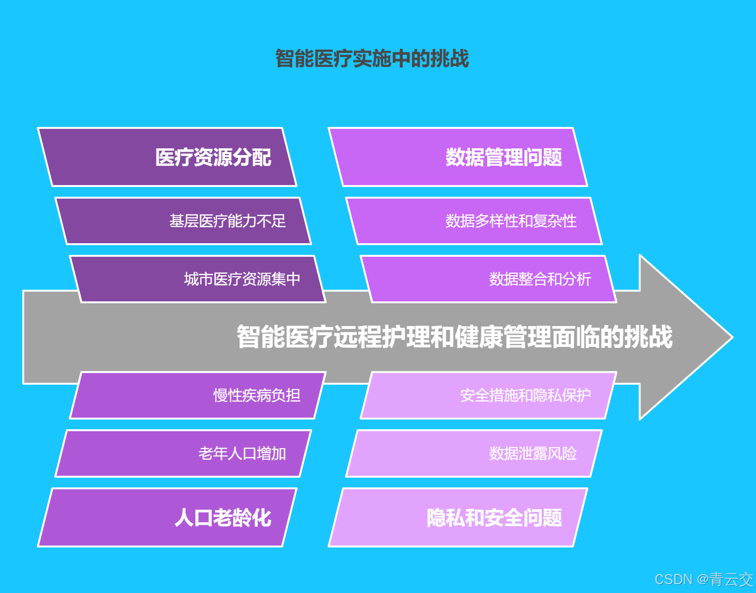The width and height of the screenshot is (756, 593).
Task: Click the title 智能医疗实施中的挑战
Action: click(x=372, y=59)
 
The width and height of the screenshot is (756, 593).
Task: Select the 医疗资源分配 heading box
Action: click(x=167, y=157)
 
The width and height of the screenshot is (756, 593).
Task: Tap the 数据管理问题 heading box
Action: click(x=458, y=157)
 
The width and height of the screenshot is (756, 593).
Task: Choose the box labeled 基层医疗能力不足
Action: click(x=183, y=221)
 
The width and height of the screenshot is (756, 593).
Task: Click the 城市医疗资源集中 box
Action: click(x=198, y=279)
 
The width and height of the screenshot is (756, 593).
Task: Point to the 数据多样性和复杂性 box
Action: click(x=474, y=221)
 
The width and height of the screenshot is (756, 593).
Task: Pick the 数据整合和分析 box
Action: click(x=488, y=279)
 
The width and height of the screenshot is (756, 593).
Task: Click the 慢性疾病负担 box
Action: click(x=198, y=395)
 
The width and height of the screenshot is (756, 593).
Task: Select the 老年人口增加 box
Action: click(x=183, y=453)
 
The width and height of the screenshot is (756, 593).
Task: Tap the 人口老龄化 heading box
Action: click(x=167, y=517)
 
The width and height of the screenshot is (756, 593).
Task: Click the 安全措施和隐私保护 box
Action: click(x=488, y=395)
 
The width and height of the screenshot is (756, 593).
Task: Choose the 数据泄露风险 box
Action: click(x=474, y=453)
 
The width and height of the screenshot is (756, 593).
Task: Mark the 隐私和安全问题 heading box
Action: click(x=458, y=517)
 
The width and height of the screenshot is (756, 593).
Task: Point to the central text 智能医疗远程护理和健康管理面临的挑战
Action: click(x=454, y=337)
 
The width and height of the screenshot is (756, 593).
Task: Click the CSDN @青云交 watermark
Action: click(x=704, y=579)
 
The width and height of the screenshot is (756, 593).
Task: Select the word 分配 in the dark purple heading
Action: click(x=252, y=157)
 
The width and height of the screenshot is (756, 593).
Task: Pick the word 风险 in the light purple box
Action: click(x=562, y=453)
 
